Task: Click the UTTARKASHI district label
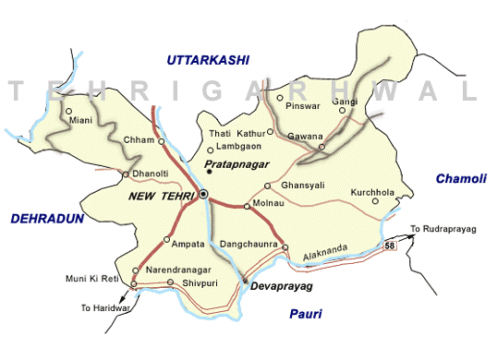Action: pos(208,60)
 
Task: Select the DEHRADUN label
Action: pos(47,218)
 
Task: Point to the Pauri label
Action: pos(304,315)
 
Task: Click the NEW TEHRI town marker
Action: pos(203,194)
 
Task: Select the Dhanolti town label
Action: pos(151,171)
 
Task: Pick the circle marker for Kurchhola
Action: pos(375,201)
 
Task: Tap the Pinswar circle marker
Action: pos(280,97)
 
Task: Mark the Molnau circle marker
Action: pos(247,207)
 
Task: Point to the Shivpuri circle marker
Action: pos(170,282)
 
